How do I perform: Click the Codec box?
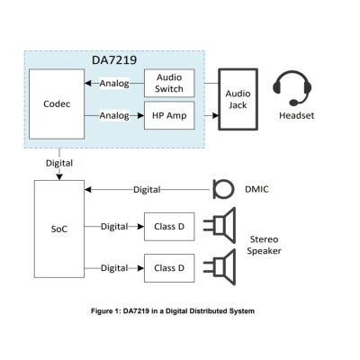point(57,104)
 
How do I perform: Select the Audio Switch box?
point(169,83)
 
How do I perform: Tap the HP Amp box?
point(169,115)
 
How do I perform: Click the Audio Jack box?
point(238,99)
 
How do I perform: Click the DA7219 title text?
point(114,60)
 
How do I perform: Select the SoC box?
point(59,229)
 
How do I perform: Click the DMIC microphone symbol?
point(223,189)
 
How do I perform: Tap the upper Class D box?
point(169,227)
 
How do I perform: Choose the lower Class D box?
point(169,268)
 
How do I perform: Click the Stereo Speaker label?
point(264,245)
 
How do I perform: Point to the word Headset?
point(297,115)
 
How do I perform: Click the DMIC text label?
point(256,189)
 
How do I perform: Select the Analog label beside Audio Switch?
point(114,84)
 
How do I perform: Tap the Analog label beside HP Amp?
point(114,115)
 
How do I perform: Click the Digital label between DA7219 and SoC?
point(59,163)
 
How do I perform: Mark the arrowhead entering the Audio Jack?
point(215,115)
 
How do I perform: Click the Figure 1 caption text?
point(173,311)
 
